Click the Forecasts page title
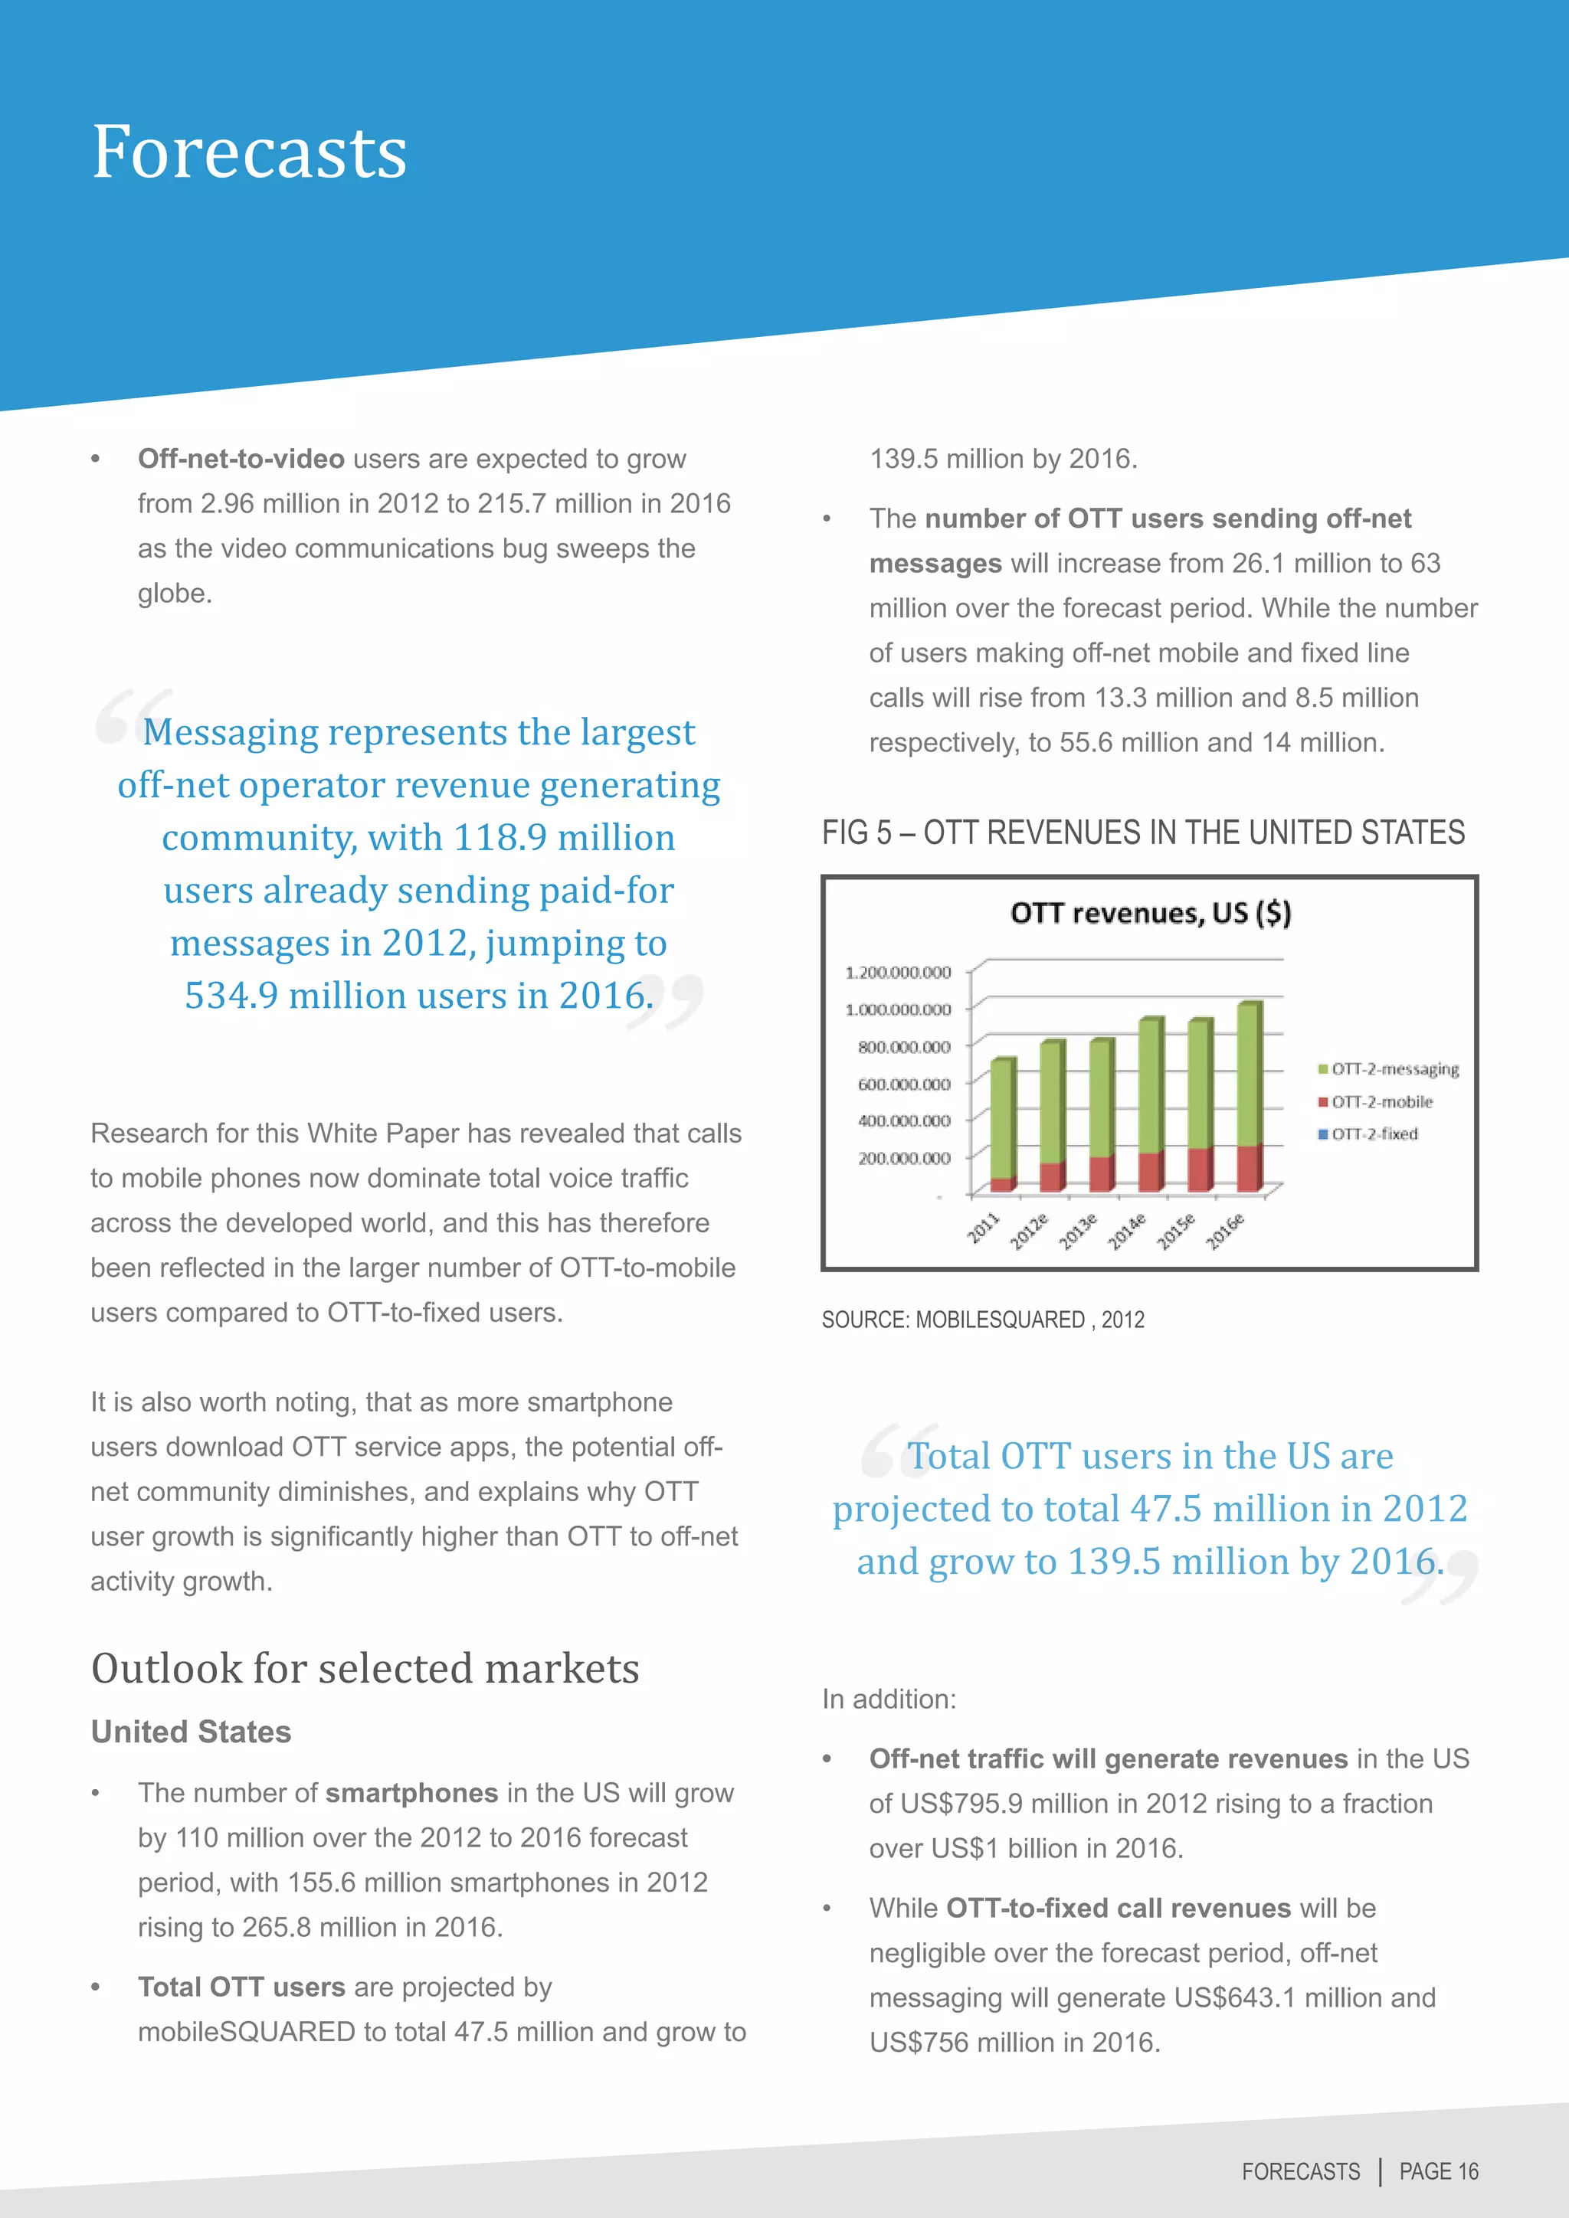coord(249,152)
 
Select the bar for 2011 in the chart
coord(1002,1125)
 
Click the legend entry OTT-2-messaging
coord(1388,1069)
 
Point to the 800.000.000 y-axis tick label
coord(903,1047)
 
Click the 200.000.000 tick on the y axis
coord(903,1158)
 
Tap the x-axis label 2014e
coord(1125,1232)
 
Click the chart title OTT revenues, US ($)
coord(1150,913)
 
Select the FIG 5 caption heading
coord(1143,833)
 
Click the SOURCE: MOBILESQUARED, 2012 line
coord(983,1320)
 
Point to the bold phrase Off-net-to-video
coord(241,459)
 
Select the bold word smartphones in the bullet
coord(411,1793)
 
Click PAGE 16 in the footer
coord(1439,2171)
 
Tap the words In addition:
coord(889,1699)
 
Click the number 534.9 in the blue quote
coord(231,996)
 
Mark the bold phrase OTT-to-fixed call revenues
coord(1118,1908)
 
